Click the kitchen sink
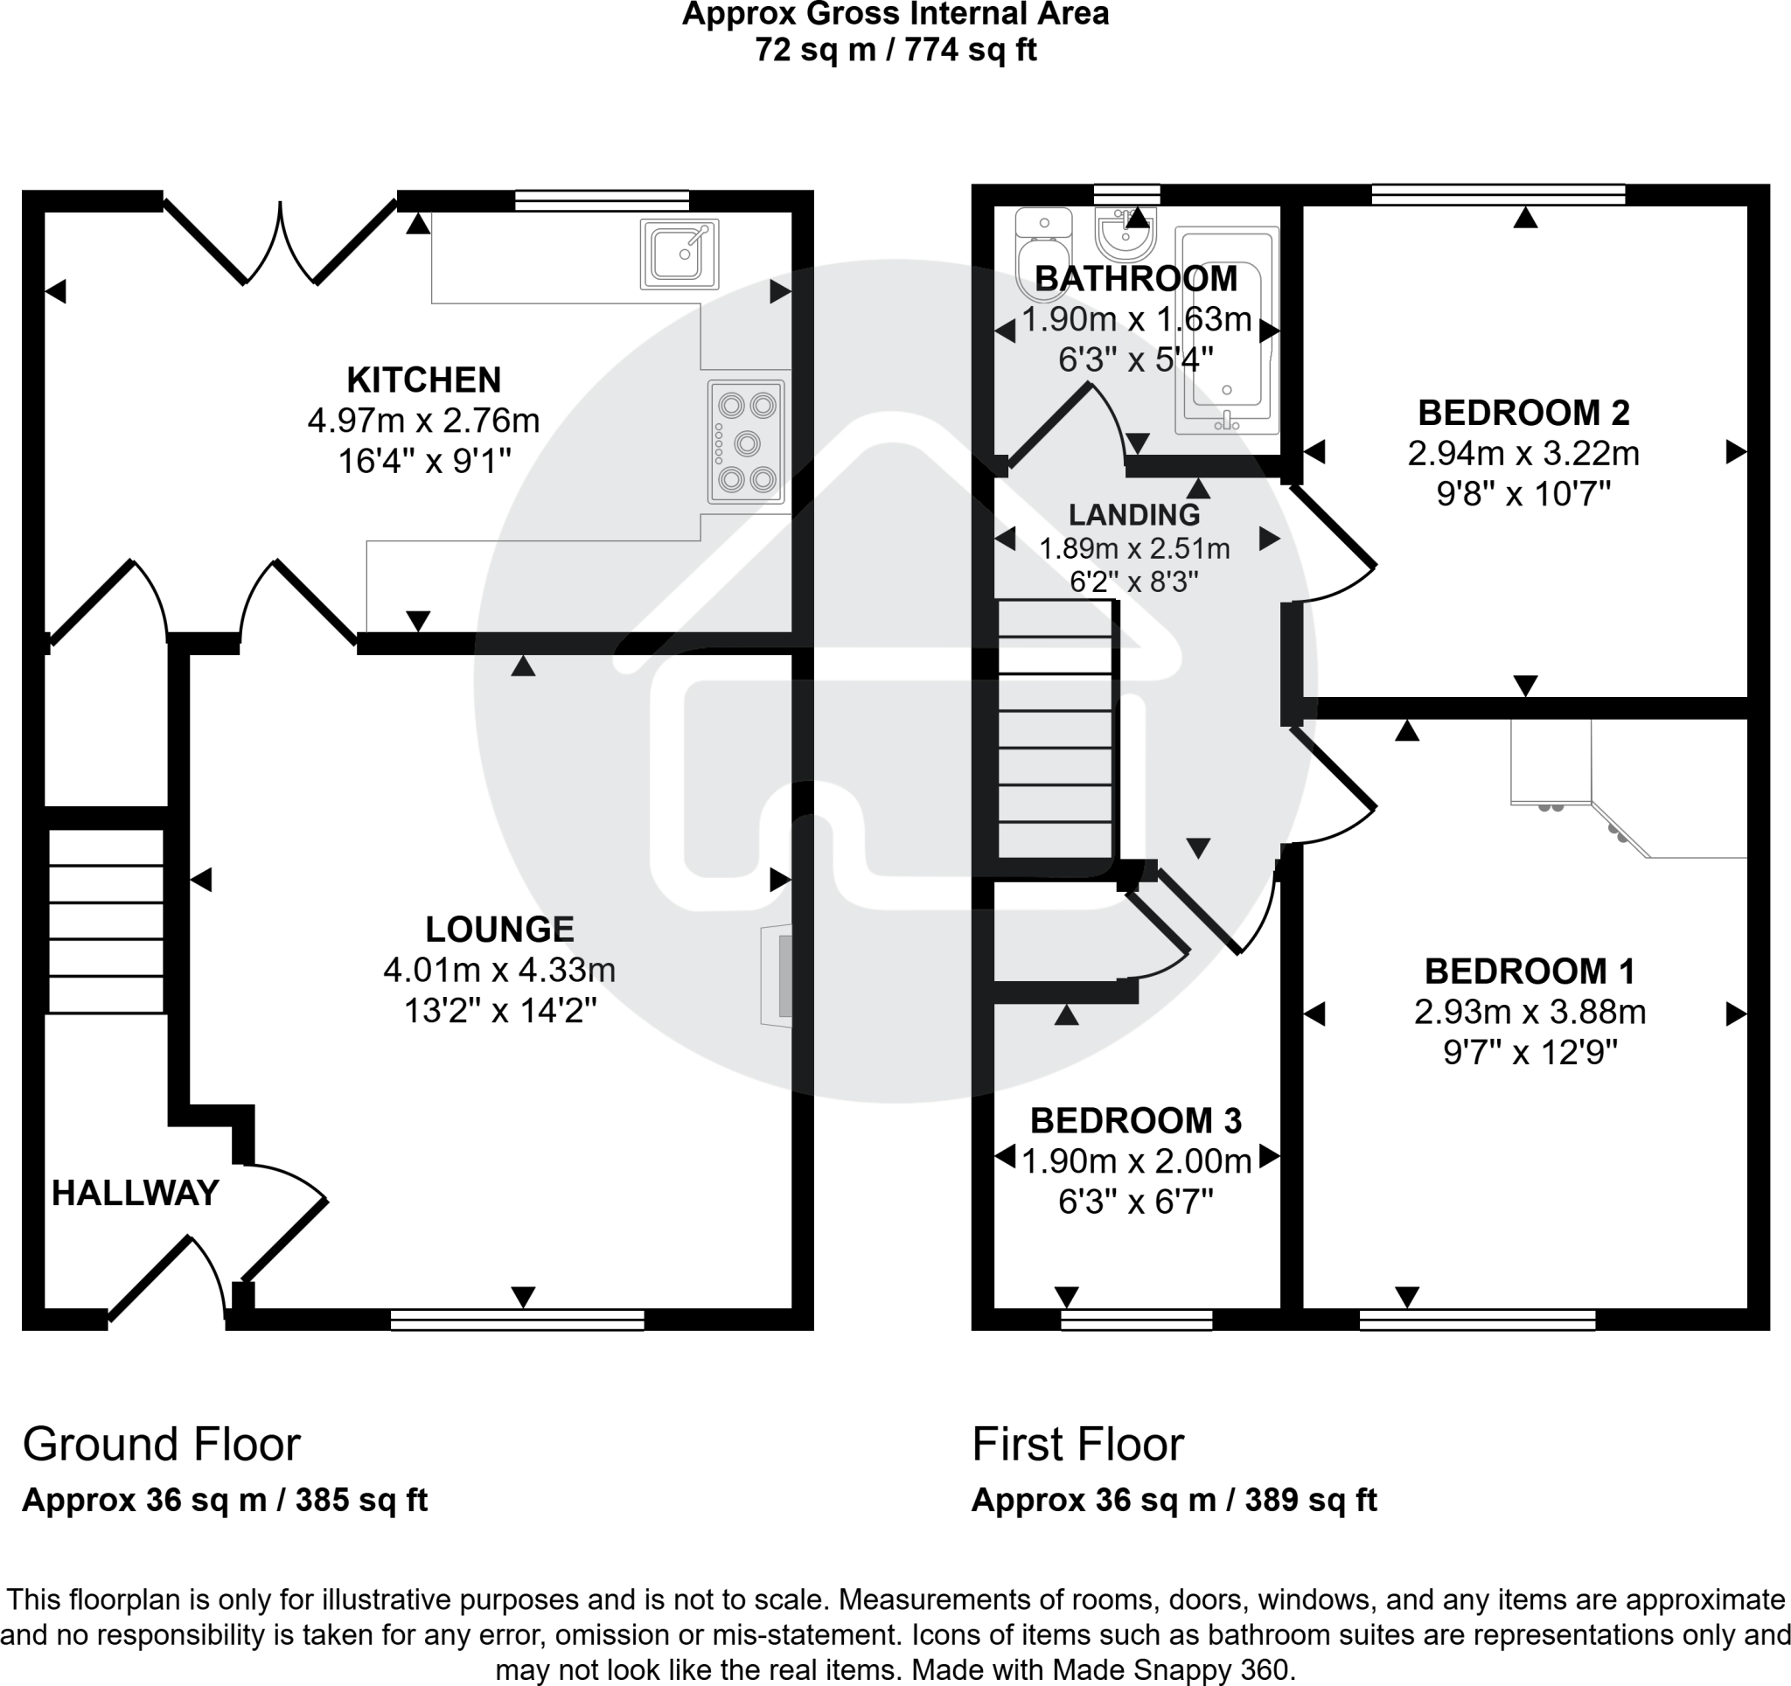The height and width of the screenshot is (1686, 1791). (x=679, y=254)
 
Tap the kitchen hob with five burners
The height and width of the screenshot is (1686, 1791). (x=746, y=442)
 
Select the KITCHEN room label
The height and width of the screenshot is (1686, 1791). (x=423, y=380)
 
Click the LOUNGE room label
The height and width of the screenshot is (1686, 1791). (x=499, y=929)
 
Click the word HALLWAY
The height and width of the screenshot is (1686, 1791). (x=136, y=1193)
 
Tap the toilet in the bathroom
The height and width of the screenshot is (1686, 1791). (x=1042, y=257)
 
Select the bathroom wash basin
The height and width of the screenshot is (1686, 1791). (x=1125, y=233)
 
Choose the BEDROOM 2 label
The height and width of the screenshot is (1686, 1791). (x=1523, y=413)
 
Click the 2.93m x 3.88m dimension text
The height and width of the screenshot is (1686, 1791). (x=1530, y=1012)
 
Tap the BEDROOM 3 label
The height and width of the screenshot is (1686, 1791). (x=1135, y=1120)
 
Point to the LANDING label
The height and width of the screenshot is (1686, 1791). (x=1133, y=514)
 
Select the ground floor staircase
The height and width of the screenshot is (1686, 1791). (x=106, y=921)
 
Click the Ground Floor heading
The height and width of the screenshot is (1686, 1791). (x=161, y=1444)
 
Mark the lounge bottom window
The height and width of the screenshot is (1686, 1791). (x=517, y=1320)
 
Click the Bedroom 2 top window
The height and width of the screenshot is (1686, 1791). (x=1497, y=194)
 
